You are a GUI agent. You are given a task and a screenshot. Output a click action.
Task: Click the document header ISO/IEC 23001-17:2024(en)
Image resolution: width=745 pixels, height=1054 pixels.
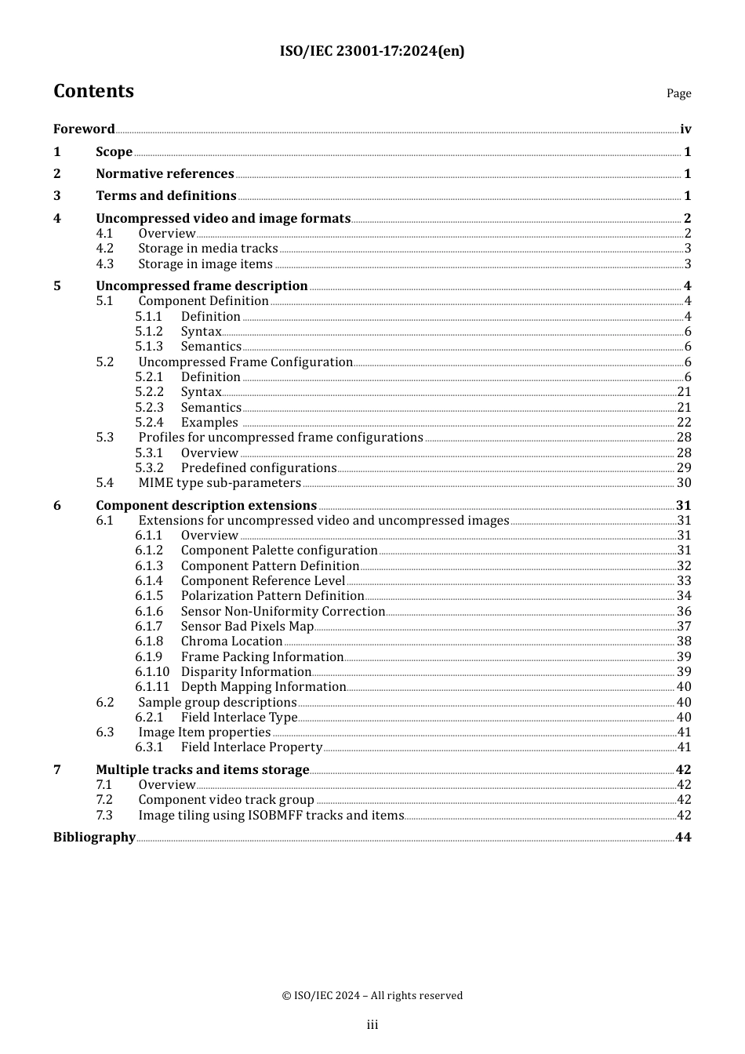(x=372, y=51)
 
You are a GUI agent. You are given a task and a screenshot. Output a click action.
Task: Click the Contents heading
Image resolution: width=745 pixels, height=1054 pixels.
(x=93, y=91)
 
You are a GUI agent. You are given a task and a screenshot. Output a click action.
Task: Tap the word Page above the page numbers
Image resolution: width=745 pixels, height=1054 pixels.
(x=678, y=93)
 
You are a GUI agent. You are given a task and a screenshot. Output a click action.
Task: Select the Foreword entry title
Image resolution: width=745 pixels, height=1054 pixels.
(x=84, y=129)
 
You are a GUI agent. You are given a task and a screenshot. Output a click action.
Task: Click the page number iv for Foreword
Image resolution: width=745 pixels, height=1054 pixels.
(x=685, y=129)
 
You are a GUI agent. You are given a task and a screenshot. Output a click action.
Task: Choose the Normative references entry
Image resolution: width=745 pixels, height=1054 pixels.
(x=165, y=174)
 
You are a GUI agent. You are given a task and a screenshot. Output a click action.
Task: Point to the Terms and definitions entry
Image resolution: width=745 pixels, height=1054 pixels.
(x=165, y=196)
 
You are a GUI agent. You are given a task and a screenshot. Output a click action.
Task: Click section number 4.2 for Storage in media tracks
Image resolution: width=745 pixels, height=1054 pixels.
(x=105, y=249)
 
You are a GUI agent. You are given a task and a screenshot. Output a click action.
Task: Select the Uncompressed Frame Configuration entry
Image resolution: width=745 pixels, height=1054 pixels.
(x=245, y=362)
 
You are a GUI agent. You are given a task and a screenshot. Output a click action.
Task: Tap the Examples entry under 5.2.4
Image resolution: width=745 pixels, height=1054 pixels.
(x=209, y=423)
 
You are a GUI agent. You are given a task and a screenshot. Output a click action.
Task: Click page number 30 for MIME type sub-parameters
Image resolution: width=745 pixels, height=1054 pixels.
(x=684, y=483)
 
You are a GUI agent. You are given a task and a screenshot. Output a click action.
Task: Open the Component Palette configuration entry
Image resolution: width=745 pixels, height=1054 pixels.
(x=279, y=551)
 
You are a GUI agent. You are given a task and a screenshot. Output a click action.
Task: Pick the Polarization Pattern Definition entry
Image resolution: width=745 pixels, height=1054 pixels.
(x=272, y=596)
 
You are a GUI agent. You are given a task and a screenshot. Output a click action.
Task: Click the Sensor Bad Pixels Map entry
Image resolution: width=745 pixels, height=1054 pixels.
(x=247, y=627)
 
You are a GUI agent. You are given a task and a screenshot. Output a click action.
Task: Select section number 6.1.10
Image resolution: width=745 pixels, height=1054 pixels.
(x=152, y=672)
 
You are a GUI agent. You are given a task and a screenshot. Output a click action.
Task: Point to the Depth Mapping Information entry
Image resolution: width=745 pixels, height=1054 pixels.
(x=263, y=687)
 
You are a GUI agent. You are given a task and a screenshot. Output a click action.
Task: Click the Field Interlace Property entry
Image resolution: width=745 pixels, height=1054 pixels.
(x=252, y=747)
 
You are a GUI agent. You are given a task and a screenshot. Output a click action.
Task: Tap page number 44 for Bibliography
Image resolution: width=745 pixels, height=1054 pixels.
(x=683, y=838)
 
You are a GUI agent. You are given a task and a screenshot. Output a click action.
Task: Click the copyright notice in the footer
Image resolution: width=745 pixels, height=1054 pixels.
(x=372, y=996)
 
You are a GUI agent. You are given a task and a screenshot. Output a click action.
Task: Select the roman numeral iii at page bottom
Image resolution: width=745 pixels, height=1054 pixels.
(x=372, y=1025)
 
